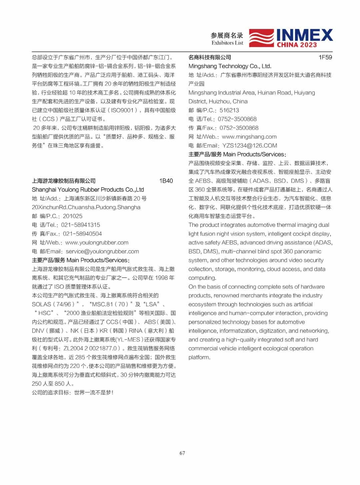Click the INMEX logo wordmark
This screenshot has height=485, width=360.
click(304, 35)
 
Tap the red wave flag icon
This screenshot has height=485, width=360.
click(262, 38)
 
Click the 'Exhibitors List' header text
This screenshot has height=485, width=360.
click(227, 43)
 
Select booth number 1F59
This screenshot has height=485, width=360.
click(325, 57)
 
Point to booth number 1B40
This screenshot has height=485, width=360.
click(166, 181)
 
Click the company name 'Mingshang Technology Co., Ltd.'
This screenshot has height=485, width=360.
click(230, 66)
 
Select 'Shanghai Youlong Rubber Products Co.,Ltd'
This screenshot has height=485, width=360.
click(88, 189)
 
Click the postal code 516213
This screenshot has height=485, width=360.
click(229, 110)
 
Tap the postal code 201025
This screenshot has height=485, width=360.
click(73, 216)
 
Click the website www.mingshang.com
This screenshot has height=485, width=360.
click(249, 136)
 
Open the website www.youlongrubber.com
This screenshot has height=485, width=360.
click(97, 242)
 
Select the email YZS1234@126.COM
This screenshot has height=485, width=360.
click(250, 145)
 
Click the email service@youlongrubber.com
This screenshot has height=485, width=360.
click(102, 252)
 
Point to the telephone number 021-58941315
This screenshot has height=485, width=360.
click(80, 225)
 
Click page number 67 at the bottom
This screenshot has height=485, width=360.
click(182, 453)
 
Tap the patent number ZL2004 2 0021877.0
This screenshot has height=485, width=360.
click(90, 348)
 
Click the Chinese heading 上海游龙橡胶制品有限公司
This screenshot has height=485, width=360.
click(64, 181)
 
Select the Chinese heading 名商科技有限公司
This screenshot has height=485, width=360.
click(210, 57)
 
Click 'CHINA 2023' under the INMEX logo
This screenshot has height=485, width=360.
click(297, 45)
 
